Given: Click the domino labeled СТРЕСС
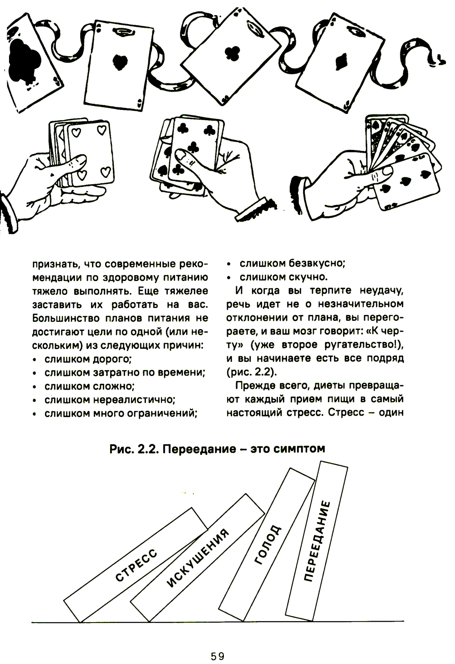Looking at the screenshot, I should point(136,565).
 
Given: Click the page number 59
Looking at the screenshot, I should point(218,656).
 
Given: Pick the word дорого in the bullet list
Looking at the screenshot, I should point(112,359).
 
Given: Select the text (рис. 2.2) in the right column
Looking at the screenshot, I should point(251,371).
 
